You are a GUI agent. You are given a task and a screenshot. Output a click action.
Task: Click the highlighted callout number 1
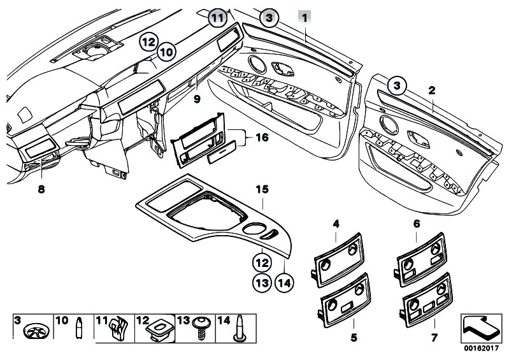305,18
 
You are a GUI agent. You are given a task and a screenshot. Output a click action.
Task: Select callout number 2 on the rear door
431,90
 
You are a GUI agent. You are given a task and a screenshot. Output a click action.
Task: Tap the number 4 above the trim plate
336,224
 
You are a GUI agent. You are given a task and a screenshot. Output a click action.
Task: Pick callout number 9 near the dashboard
197,99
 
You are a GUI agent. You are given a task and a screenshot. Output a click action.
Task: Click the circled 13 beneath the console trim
259,281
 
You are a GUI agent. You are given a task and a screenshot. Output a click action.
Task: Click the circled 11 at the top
218,18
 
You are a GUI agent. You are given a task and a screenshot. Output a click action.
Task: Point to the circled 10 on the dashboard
166,50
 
